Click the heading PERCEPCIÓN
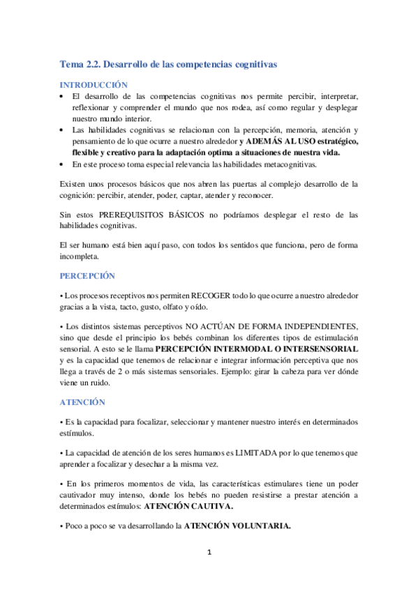coord(87,275)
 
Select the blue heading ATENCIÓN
coord(82,402)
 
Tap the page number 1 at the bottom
coord(209,553)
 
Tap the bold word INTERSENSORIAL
coord(328,348)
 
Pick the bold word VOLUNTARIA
coord(260,525)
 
